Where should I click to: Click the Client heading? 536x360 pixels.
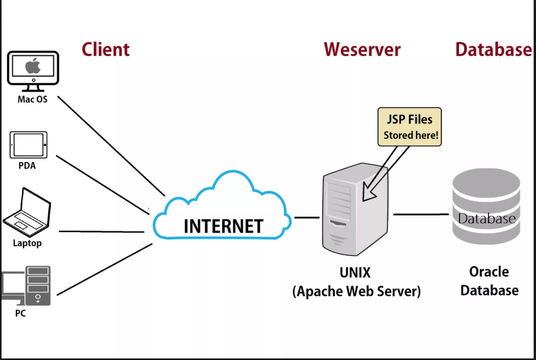tap(105, 49)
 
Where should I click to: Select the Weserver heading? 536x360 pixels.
tap(362, 49)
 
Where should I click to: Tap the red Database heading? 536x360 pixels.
tap(494, 49)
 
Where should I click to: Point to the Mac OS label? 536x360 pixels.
tap(32, 99)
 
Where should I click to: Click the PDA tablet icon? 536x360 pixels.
tap(28, 145)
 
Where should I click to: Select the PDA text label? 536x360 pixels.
tap(27, 165)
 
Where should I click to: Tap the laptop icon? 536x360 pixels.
tap(27, 212)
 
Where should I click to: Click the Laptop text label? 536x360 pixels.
tap(27, 243)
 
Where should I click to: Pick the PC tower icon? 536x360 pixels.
tap(38, 285)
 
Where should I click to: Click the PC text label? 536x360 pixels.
tap(20, 313)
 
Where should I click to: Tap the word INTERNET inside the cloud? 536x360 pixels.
tap(223, 226)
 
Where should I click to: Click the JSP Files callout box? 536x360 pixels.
tap(410, 126)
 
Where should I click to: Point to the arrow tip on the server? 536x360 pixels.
tap(365, 198)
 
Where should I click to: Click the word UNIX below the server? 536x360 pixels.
tap(355, 273)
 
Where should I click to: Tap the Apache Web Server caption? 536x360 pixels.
tap(356, 291)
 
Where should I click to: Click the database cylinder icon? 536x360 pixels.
tap(486, 206)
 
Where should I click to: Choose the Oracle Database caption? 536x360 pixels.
tap(489, 281)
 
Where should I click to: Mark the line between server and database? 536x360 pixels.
tap(421, 214)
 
